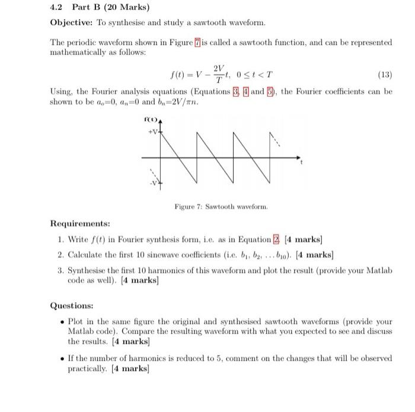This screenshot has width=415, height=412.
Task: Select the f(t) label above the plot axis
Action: click(x=151, y=121)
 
